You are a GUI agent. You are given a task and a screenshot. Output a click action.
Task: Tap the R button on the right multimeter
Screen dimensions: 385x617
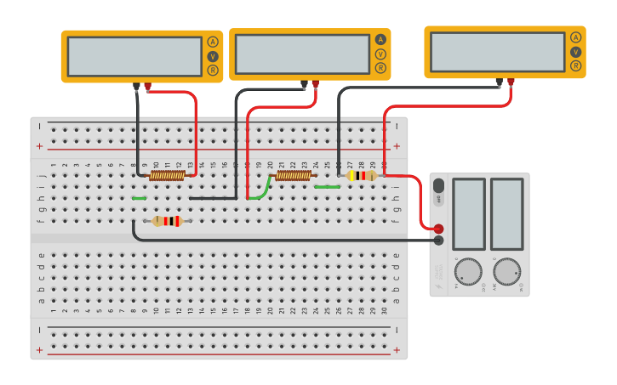(x=575, y=65)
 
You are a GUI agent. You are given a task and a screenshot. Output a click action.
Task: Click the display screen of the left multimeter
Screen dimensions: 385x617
(x=134, y=56)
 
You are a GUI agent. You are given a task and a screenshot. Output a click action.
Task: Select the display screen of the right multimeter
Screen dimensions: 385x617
(x=497, y=52)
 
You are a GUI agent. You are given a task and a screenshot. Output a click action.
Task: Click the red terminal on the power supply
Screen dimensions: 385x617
(x=438, y=229)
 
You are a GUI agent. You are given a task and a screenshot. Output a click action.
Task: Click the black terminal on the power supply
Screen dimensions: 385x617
(x=438, y=241)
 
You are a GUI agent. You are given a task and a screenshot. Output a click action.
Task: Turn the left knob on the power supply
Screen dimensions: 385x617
(x=467, y=271)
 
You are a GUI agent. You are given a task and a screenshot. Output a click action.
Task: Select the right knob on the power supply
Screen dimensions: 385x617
(x=506, y=271)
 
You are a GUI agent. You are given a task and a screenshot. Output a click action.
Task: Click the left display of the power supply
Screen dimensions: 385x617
(x=469, y=213)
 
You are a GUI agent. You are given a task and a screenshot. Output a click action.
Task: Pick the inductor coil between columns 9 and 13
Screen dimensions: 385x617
(x=167, y=175)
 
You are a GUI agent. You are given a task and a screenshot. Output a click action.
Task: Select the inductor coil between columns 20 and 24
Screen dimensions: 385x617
(x=293, y=175)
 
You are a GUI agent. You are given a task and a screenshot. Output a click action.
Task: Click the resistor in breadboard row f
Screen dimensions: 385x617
(x=167, y=221)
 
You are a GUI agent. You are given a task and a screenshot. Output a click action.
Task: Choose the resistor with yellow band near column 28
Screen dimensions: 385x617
(x=363, y=175)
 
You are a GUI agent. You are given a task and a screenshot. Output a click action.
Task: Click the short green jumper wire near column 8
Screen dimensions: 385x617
(x=139, y=198)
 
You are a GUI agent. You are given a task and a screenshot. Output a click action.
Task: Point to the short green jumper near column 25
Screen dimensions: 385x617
(x=327, y=186)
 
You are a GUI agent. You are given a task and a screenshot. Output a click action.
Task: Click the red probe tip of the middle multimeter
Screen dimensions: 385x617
(x=316, y=84)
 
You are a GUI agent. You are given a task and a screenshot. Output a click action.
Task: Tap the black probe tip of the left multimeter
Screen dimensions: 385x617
(x=136, y=86)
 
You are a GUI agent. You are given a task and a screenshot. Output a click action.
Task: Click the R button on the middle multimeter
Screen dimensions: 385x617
(x=380, y=68)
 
